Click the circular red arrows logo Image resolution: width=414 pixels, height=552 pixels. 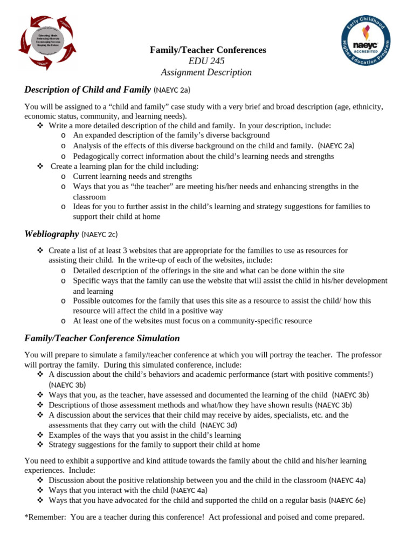[48, 41]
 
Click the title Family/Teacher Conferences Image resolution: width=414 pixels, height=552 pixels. [208, 50]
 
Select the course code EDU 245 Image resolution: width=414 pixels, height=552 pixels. [207, 61]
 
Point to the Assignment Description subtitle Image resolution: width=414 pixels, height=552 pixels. [206, 72]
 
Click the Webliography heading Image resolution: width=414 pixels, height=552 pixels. [51, 233]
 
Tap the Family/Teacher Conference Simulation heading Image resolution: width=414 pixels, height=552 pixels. [102, 339]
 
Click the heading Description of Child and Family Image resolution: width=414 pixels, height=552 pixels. [87, 89]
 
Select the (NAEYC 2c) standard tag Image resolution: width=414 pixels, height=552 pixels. [99, 234]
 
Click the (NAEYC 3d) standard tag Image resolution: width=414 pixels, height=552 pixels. [211, 425]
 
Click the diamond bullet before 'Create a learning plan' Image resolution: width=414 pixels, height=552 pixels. [40, 166]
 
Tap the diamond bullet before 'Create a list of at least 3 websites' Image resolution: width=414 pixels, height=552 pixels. [40, 251]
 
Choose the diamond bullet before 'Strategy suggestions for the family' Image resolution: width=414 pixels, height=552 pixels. [40, 445]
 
